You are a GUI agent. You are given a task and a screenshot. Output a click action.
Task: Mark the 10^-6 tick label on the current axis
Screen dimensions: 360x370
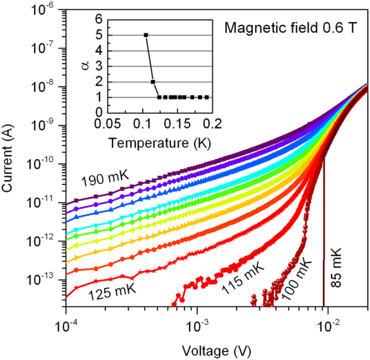pyautogui.click(x=48, y=9)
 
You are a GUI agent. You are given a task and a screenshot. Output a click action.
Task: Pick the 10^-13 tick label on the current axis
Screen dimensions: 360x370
pyautogui.click(x=47, y=278)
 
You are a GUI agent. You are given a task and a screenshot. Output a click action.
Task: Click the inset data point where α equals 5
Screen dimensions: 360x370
pyautogui.click(x=146, y=35)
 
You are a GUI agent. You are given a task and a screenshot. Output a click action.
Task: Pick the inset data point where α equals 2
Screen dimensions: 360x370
pyautogui.click(x=153, y=82)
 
